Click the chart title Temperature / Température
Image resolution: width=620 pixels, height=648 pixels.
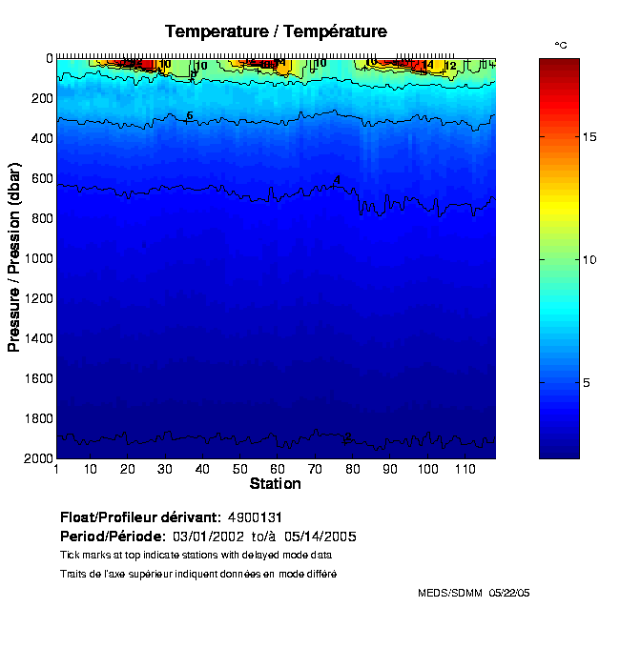(276, 31)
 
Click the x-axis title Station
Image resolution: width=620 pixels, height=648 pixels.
(275, 484)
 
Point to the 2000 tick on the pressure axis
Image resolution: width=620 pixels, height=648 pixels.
(36, 458)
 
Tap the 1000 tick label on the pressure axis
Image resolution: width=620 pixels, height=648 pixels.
(36, 258)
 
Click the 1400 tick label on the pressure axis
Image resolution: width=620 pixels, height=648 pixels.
(36, 338)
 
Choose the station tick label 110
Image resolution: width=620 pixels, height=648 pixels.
(464, 469)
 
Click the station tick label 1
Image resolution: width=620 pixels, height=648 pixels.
(57, 469)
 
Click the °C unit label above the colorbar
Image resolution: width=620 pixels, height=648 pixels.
(561, 45)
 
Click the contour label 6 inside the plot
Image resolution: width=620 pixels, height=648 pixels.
(190, 115)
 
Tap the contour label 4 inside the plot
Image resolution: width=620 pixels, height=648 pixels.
(337, 179)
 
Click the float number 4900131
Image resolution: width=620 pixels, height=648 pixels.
(255, 516)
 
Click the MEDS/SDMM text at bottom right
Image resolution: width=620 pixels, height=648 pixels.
(449, 593)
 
